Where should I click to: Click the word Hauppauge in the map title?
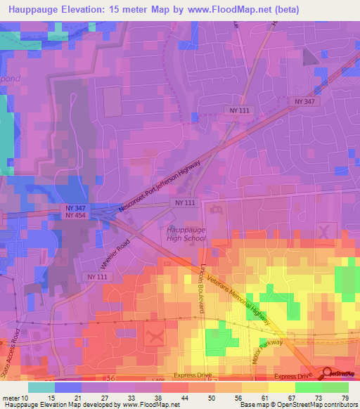click(x=33, y=9)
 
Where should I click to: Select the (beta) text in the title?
click(x=287, y=9)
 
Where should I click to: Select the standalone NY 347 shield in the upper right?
click(x=303, y=102)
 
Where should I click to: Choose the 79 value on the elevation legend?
click(x=346, y=398)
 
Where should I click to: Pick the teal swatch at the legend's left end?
click(x=41, y=387)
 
